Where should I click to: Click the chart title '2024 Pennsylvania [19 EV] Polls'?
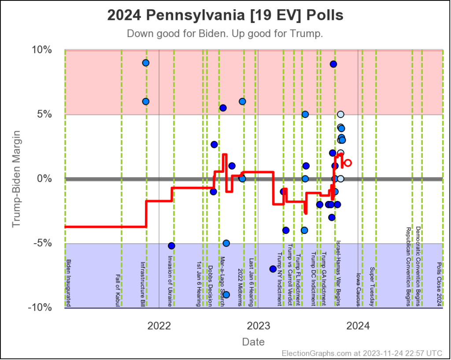(x=225, y=15)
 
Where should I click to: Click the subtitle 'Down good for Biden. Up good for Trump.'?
(x=225, y=34)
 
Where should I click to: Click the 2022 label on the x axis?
(x=159, y=326)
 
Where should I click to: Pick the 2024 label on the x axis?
(x=358, y=326)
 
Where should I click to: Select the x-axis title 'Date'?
(x=253, y=342)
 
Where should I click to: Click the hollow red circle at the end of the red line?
(x=347, y=163)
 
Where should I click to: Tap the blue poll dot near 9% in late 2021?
(x=146, y=63)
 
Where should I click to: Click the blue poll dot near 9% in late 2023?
(x=333, y=64)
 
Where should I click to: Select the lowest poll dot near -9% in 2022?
(x=226, y=295)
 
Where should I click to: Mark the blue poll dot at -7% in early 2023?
(x=273, y=269)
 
